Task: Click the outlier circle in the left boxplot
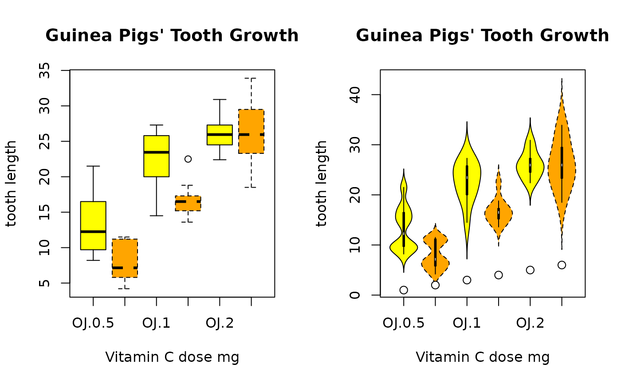click(188, 159)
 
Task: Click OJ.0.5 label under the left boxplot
click(93, 323)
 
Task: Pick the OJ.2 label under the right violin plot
click(530, 323)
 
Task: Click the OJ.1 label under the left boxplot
click(156, 323)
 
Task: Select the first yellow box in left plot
click(93, 225)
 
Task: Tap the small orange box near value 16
click(188, 203)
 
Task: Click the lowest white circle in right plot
click(404, 290)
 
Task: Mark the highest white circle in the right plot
click(562, 265)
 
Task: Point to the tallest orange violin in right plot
click(562, 168)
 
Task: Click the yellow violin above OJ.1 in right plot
click(467, 177)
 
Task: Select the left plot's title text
click(172, 36)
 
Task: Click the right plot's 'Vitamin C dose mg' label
click(483, 357)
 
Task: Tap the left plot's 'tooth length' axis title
click(12, 183)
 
